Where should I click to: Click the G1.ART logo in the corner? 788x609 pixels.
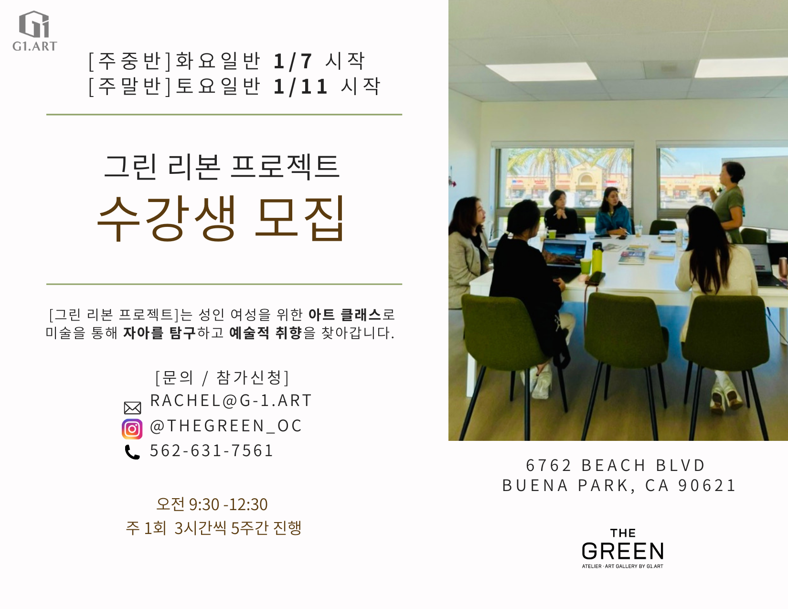(x=34, y=31)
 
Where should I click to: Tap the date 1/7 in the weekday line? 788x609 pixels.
(x=293, y=61)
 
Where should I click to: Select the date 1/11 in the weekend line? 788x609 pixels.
(x=300, y=86)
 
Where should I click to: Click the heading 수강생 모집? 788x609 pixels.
(x=221, y=218)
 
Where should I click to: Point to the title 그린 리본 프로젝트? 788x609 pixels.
(x=222, y=167)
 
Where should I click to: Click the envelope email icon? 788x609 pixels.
(x=132, y=408)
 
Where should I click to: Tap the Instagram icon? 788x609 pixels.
(x=132, y=429)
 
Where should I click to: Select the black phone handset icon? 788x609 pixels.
(x=132, y=452)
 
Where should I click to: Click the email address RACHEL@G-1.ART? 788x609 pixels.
(x=231, y=401)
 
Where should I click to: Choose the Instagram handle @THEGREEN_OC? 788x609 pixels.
(x=226, y=426)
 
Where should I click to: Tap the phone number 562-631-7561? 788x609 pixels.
(x=212, y=450)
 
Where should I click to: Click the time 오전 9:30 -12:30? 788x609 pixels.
(x=212, y=504)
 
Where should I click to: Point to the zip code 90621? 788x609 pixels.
(x=707, y=485)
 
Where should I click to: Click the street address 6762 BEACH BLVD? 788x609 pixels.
(x=616, y=465)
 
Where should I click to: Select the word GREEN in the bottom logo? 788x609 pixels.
(x=623, y=551)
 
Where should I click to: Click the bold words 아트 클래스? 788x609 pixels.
(x=345, y=315)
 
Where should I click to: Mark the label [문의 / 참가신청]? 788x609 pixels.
(x=222, y=377)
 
